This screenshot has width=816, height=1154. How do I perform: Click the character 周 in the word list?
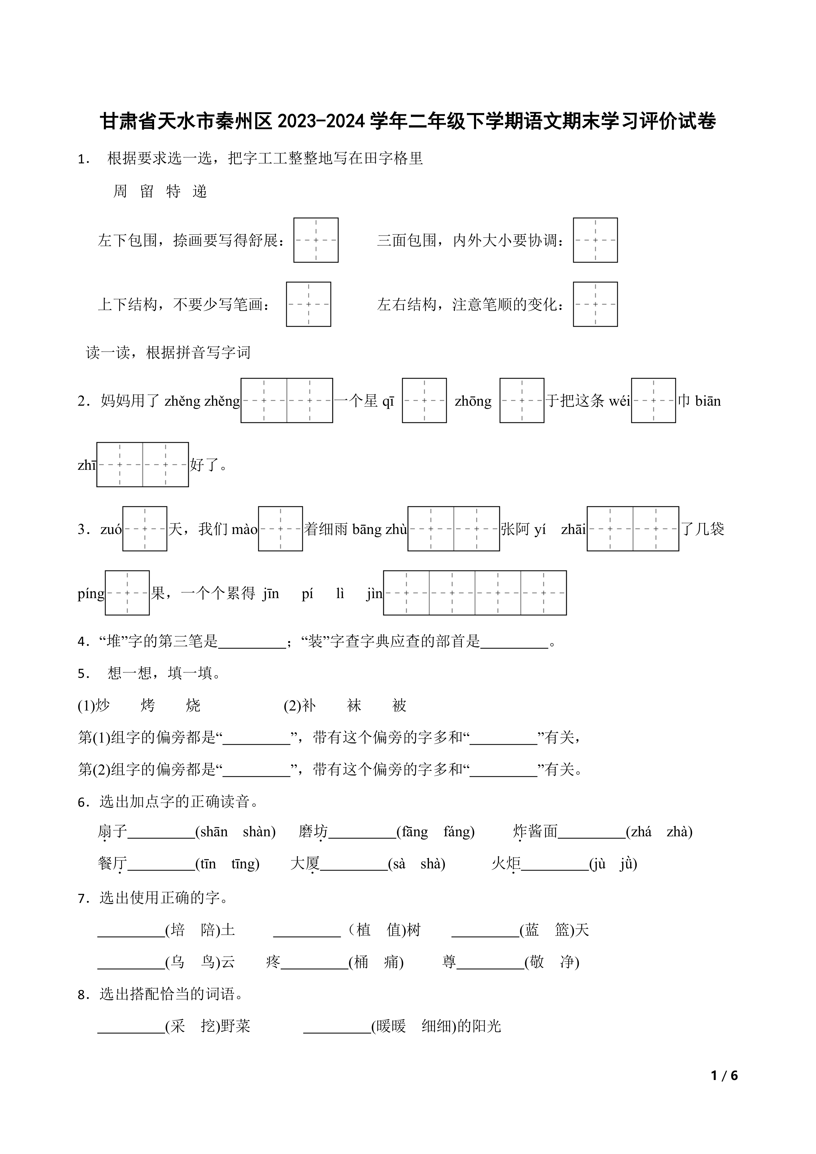[120, 192]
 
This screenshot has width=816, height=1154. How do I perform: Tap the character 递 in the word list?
[200, 192]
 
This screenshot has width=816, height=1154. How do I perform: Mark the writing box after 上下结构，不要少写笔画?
[309, 304]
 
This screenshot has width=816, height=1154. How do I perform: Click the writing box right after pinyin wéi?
[653, 400]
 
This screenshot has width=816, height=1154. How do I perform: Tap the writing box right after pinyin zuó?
[145, 529]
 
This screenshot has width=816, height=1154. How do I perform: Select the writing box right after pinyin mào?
[280, 529]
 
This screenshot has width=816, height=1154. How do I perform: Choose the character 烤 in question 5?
[148, 706]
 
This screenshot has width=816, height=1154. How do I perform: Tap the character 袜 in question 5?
[354, 706]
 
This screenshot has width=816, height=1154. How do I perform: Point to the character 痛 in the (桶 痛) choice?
[392, 962]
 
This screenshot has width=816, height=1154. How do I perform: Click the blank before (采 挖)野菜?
[131, 1026]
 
